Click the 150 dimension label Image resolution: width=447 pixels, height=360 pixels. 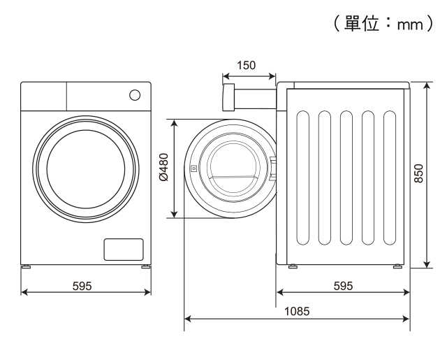pos(246,66)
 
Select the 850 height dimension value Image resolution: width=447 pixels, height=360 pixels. pos(419,173)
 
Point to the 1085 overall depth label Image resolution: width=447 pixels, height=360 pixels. pos(297,311)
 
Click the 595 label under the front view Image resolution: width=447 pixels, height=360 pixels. pos(82,285)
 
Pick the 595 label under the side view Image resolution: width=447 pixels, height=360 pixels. pos(343,285)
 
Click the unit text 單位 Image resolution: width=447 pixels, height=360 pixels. pos(364,24)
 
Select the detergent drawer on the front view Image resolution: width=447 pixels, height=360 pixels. pos(43,96)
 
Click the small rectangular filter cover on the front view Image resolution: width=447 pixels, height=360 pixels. pos(124,250)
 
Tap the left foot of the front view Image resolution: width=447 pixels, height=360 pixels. pos(27,267)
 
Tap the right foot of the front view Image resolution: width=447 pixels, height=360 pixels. pos(145,267)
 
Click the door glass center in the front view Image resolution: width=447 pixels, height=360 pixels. pos(86,168)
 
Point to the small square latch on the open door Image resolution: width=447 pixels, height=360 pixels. pos(193,168)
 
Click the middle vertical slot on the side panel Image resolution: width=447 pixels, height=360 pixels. pos(346,178)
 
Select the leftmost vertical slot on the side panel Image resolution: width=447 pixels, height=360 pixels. pos(302,178)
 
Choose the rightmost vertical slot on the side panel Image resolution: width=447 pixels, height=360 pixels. pos(390,178)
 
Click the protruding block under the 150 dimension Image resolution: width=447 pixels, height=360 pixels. pos(228,97)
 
